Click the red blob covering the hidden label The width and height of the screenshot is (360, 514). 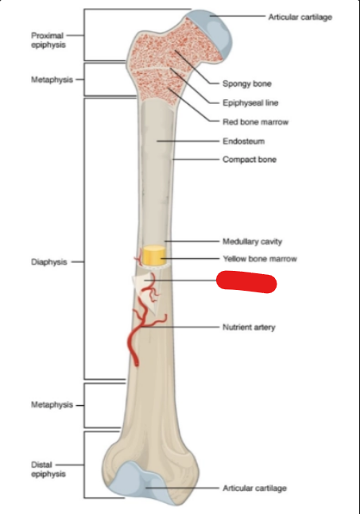pos(246,282)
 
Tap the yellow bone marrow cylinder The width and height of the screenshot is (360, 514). pos(153,255)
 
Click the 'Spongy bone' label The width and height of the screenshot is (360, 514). pos(247,83)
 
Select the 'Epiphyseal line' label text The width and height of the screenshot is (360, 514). pos(250,103)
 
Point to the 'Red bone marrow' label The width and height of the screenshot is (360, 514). pos(255,122)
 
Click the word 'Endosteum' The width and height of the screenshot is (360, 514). pos(244,141)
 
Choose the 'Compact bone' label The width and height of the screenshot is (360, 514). pos(250,160)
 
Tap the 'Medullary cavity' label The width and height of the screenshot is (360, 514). pos(252,242)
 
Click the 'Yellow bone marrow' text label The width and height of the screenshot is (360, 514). pos(260,259)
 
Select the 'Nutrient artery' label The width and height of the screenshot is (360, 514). pos(249,327)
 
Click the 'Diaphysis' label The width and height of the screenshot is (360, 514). pos(49,262)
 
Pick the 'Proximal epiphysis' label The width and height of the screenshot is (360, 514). pos(48,40)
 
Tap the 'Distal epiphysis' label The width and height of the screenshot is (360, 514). pos(48,469)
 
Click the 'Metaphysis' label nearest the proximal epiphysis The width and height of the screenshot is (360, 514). pos(52,79)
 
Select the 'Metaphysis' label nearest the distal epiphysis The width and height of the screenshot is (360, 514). pos(52,405)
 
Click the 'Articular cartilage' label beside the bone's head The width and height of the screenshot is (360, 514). pos(300,17)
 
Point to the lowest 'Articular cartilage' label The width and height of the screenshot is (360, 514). pos(255,488)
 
